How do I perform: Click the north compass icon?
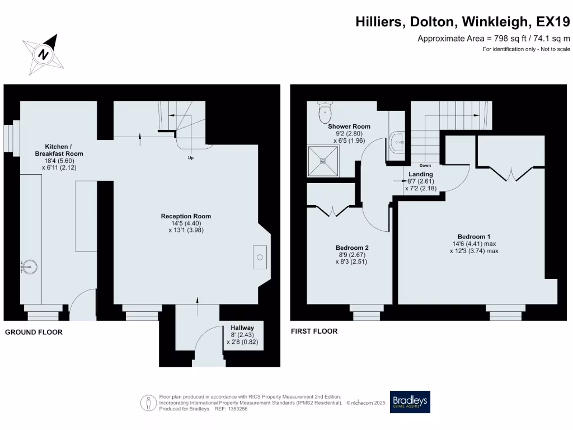click(x=43, y=54)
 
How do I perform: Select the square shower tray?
click(x=322, y=161)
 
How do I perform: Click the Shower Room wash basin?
click(x=398, y=142)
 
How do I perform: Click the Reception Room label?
click(x=186, y=216)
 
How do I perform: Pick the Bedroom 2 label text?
click(x=351, y=247)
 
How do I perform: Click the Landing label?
click(x=420, y=174)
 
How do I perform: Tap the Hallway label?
click(x=242, y=328)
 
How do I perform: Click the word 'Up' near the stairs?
click(x=191, y=158)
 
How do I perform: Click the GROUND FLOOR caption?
click(x=34, y=332)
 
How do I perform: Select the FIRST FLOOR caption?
click(x=314, y=331)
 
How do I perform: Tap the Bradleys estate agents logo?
click(x=410, y=401)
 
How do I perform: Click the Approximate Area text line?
click(x=494, y=38)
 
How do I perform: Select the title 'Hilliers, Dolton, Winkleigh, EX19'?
click(x=463, y=21)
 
